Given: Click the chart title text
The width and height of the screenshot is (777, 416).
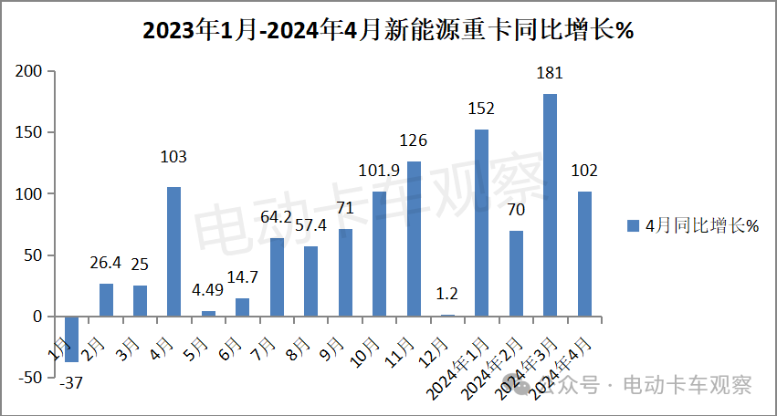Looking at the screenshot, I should pos(388,31).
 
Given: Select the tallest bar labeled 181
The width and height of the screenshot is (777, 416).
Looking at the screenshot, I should pos(550,205).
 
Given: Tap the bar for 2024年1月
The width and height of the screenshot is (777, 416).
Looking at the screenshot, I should pos(482,223).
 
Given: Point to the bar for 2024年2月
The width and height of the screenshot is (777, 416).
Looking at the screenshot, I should pos(516,274).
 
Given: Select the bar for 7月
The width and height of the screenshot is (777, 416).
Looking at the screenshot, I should pos(277,277).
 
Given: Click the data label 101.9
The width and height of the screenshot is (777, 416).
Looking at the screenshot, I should pos(379,173).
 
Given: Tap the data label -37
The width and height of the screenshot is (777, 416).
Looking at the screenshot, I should pos(71,384).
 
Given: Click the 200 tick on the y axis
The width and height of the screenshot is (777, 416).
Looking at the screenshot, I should pos(29,71).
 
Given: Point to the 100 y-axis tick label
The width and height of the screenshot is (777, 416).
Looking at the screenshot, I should pos(29,194).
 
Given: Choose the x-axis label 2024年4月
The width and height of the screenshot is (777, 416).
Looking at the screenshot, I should pos(566,366).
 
